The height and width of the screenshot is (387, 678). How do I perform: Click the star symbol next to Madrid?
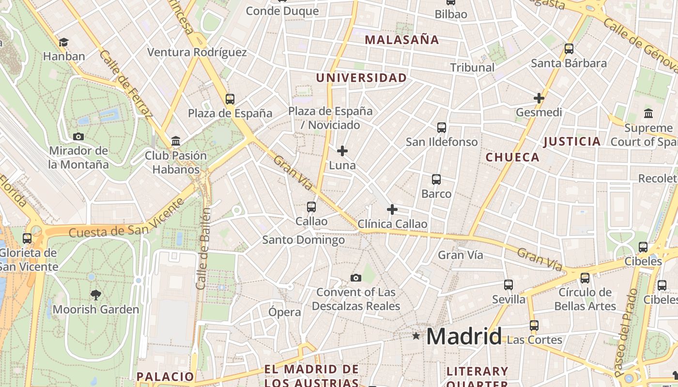[x=416, y=335]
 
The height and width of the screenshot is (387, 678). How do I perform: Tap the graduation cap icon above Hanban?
[x=63, y=43]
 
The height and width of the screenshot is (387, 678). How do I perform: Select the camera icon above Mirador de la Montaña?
[x=78, y=136]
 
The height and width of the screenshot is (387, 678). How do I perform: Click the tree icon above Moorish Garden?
[x=96, y=294]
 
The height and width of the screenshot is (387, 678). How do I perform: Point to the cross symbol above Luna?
[x=342, y=151]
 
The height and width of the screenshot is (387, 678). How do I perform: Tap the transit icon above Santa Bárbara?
[x=569, y=49]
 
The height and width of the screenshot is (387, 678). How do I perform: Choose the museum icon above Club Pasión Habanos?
[x=176, y=141]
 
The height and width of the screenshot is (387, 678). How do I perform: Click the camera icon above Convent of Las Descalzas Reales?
[x=356, y=278]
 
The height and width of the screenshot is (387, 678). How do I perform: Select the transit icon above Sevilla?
[x=508, y=285]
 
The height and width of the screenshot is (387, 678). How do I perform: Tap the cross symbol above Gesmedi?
[x=539, y=98]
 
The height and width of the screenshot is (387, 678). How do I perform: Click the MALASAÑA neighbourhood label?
[x=402, y=40]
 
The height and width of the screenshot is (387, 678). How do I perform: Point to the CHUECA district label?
[x=512, y=157]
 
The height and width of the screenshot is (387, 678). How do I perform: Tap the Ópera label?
[x=285, y=312]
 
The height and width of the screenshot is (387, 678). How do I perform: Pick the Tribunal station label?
[x=472, y=67]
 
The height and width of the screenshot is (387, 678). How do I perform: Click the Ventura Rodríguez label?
[x=197, y=52]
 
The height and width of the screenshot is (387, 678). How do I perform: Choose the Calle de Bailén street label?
[x=204, y=249]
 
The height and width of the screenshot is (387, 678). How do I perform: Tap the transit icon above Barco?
[x=436, y=179]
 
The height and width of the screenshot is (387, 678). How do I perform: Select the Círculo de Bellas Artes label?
[x=585, y=299]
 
